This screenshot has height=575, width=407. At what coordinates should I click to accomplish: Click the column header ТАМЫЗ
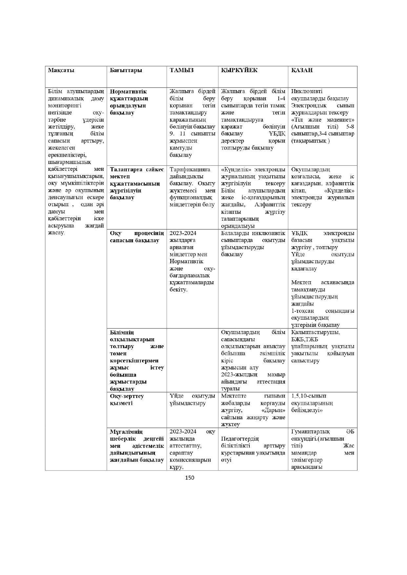click(x=182, y=70)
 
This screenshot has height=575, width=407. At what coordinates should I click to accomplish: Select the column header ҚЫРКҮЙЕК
click(x=239, y=70)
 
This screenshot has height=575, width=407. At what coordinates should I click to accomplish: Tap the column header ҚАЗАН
click(x=302, y=70)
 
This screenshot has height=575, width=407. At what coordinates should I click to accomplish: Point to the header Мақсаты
click(x=61, y=70)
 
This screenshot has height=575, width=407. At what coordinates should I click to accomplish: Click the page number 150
click(x=190, y=478)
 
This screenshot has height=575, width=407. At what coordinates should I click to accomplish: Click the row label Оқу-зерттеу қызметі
click(x=127, y=400)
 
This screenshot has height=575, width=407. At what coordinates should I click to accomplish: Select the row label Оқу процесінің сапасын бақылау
click(x=137, y=237)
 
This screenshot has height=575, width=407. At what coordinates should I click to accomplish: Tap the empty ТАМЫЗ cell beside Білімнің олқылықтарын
click(x=192, y=360)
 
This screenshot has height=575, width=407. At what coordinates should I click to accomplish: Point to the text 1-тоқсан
click(x=302, y=311)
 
